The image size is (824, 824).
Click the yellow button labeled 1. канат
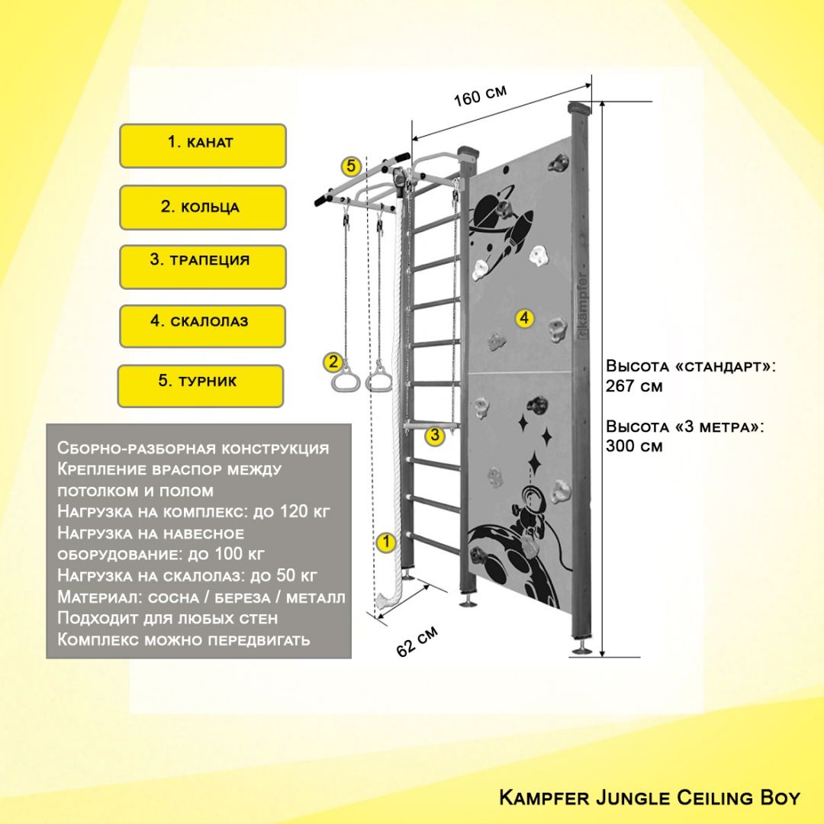pos(203,146)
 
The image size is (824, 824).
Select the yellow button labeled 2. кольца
pos(203,208)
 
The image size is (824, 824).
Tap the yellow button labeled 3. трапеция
pos(203,267)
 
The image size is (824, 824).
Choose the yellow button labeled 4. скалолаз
pos(202,327)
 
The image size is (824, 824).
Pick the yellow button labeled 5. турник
pos(200,386)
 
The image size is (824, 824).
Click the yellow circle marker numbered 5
pos(350,166)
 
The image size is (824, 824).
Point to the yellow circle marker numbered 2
pos(333,362)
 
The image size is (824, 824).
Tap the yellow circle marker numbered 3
pos(435,435)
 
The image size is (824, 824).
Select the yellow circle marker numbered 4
pos(524,318)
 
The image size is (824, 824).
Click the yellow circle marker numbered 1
pos(386,542)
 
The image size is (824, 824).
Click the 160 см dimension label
pos(481,95)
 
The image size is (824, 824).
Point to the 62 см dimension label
pos(417,641)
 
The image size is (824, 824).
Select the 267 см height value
pos(634,386)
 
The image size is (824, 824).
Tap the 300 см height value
pos(634,446)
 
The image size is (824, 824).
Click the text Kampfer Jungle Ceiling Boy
pos(649,798)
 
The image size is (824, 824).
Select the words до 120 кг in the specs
pos(291,511)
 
